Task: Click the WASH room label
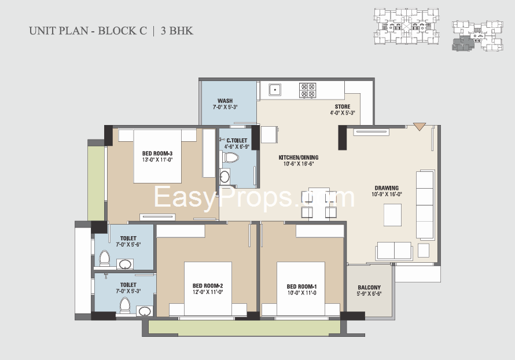[225, 101]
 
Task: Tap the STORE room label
[343, 106]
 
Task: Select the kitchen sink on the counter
[275, 90]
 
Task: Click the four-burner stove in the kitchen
[307, 90]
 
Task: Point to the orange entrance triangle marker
[420, 126]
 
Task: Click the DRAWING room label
[387, 188]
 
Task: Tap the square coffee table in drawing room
[392, 215]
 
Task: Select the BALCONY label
[369, 288]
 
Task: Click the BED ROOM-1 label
[301, 286]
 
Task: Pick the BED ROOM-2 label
[208, 286]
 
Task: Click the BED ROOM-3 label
[157, 153]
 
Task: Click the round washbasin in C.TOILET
[225, 177]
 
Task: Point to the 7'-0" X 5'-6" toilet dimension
[128, 244]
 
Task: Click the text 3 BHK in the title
[176, 31]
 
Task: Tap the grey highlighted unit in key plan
[461, 43]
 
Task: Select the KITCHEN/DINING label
[299, 157]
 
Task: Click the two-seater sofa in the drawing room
[394, 251]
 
